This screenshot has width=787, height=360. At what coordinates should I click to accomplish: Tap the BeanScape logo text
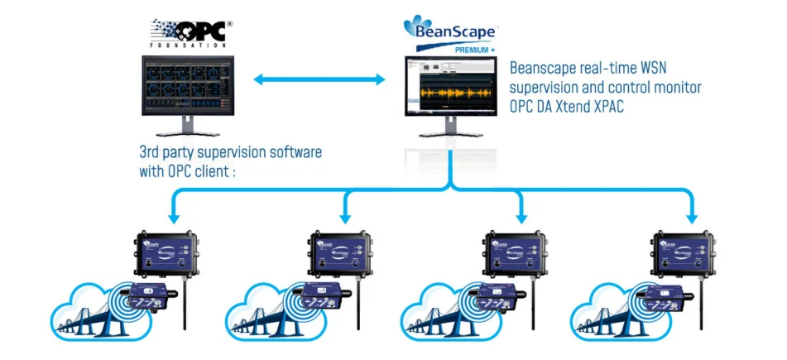[449, 31]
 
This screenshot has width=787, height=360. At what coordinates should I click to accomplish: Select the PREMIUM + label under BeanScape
[474, 50]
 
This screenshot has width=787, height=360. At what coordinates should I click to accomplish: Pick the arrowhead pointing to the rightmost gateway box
[693, 218]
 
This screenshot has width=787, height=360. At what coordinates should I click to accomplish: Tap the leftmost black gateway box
[170, 253]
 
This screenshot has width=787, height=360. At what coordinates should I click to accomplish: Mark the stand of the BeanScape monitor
[451, 128]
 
